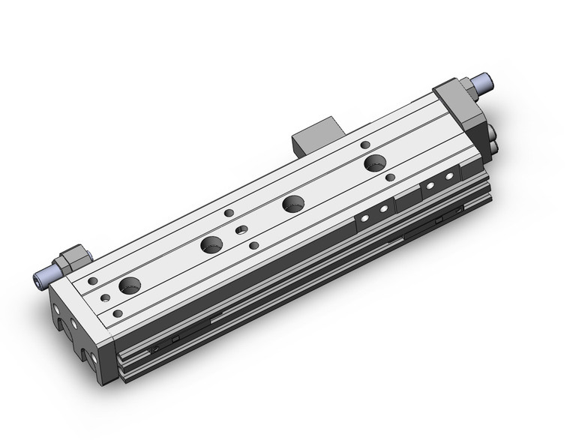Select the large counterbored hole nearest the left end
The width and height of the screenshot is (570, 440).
tap(130, 286)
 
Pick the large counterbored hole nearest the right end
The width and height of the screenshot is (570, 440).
tap(374, 163)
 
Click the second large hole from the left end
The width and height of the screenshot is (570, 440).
tap(211, 244)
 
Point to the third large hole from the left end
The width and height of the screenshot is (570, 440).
tap(293, 203)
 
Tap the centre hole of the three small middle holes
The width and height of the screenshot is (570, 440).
tap(241, 230)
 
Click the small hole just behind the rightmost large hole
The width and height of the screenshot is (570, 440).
tap(365, 144)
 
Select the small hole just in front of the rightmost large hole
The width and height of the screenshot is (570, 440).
tap(390, 178)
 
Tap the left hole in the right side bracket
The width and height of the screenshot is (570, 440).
tap(432, 184)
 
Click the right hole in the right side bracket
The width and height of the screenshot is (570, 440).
tap(449, 175)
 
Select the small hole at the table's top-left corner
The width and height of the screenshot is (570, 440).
tap(93, 281)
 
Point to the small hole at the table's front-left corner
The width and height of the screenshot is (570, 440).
tap(117, 313)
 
